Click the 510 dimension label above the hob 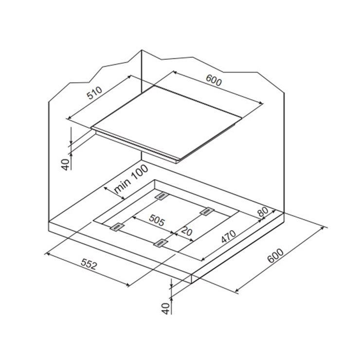click(x=94, y=93)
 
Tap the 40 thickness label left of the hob click(x=66, y=164)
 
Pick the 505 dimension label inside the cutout click(x=157, y=220)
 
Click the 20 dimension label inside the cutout click(x=186, y=232)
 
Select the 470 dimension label click(x=228, y=236)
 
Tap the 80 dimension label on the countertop click(x=263, y=212)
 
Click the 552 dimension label click(x=89, y=264)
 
